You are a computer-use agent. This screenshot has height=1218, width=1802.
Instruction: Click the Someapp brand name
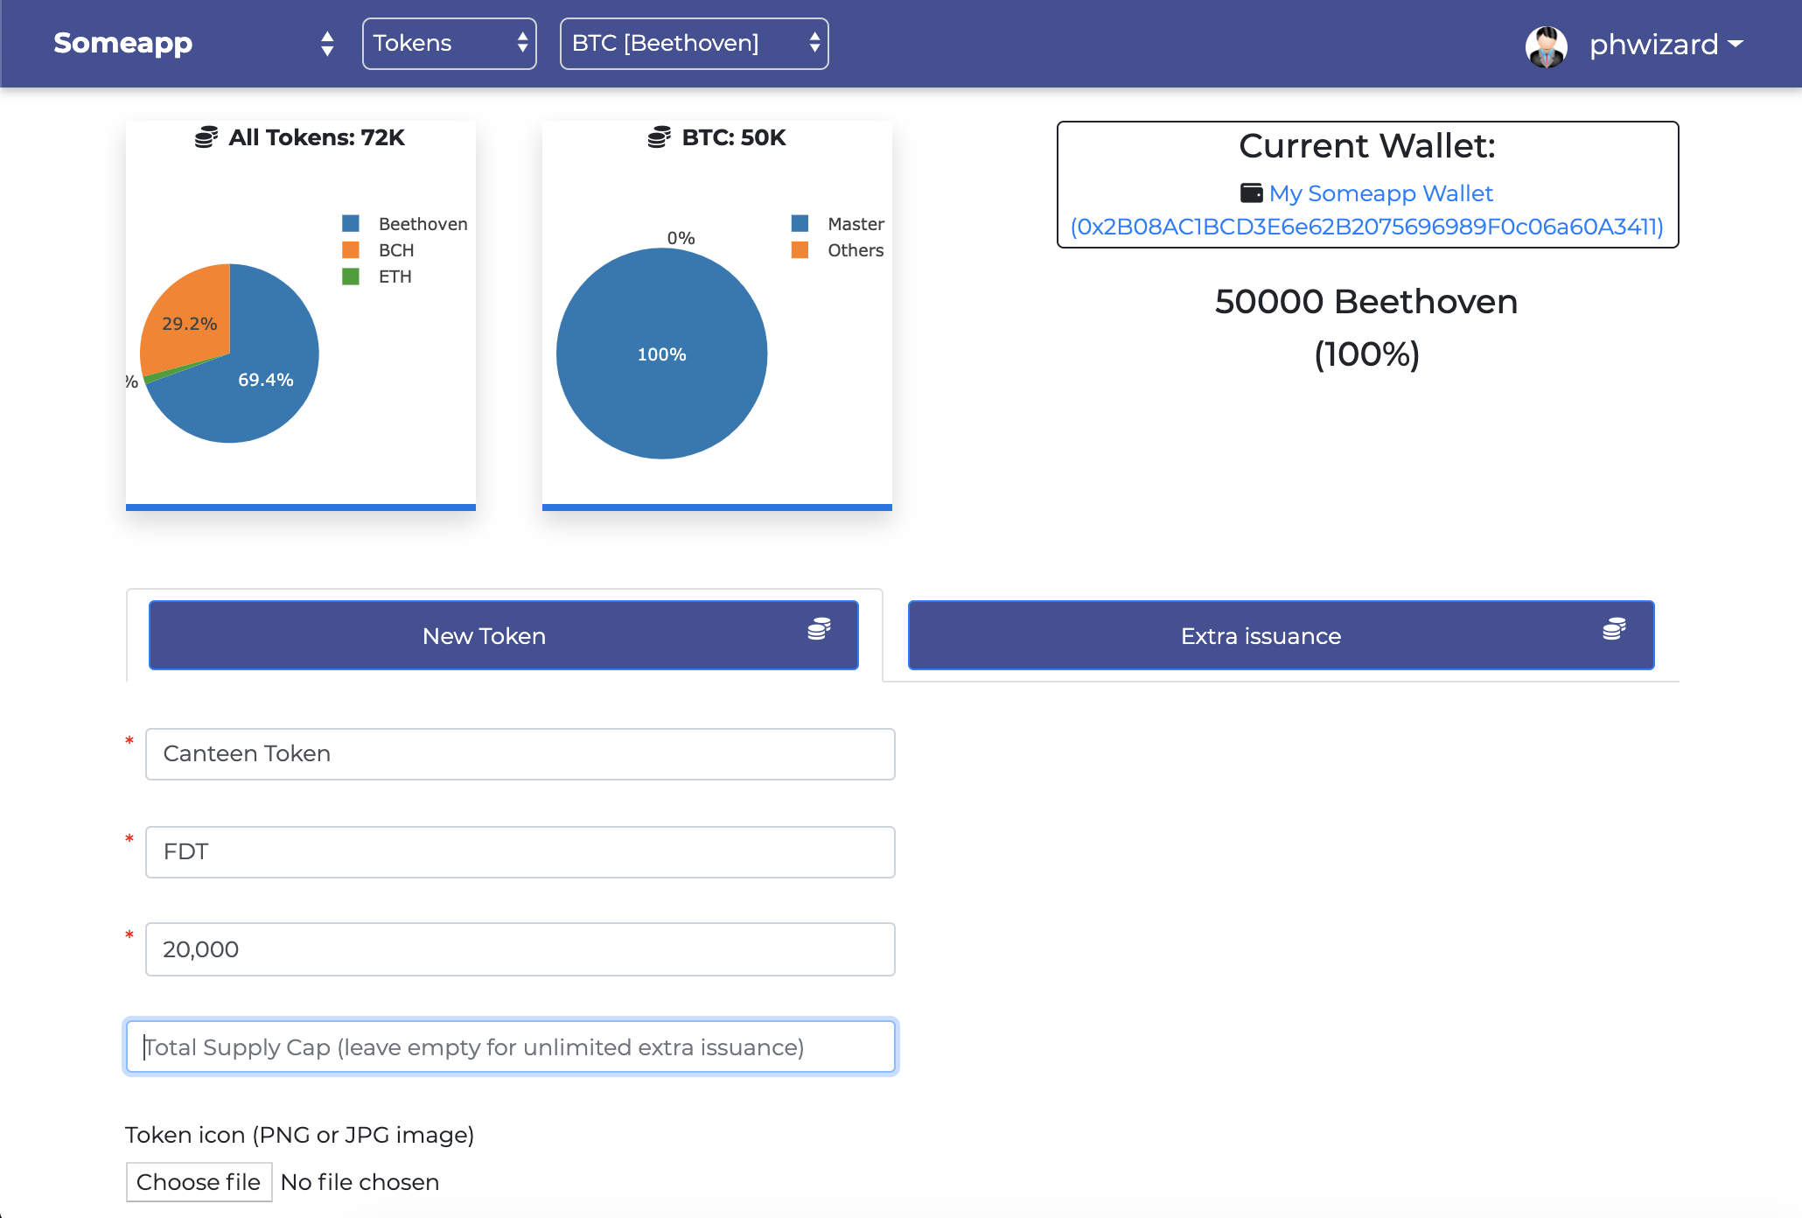122,43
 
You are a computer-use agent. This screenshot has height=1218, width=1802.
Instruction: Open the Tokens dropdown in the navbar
449,43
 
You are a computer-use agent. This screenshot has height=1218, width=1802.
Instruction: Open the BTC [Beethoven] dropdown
694,43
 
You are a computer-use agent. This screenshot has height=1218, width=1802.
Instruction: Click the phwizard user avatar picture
1546,45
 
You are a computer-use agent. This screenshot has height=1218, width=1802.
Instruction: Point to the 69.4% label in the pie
265,380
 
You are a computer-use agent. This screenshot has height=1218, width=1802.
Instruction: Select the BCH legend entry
395,250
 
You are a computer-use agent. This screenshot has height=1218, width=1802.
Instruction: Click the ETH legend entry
395,276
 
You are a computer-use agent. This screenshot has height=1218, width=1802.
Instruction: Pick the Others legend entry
855,250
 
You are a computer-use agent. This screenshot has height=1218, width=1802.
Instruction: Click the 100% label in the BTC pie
661,354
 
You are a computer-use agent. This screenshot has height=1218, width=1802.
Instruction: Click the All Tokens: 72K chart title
316,137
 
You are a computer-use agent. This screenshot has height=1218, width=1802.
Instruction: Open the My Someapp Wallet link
1380,193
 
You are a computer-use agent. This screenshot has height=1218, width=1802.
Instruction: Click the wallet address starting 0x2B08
1366,227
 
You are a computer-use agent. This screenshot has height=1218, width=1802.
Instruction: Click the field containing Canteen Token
520,753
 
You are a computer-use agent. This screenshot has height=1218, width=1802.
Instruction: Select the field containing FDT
520,851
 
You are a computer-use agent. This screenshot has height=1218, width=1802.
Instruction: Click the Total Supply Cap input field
511,1046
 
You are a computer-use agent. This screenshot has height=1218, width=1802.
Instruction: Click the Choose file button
199,1181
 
